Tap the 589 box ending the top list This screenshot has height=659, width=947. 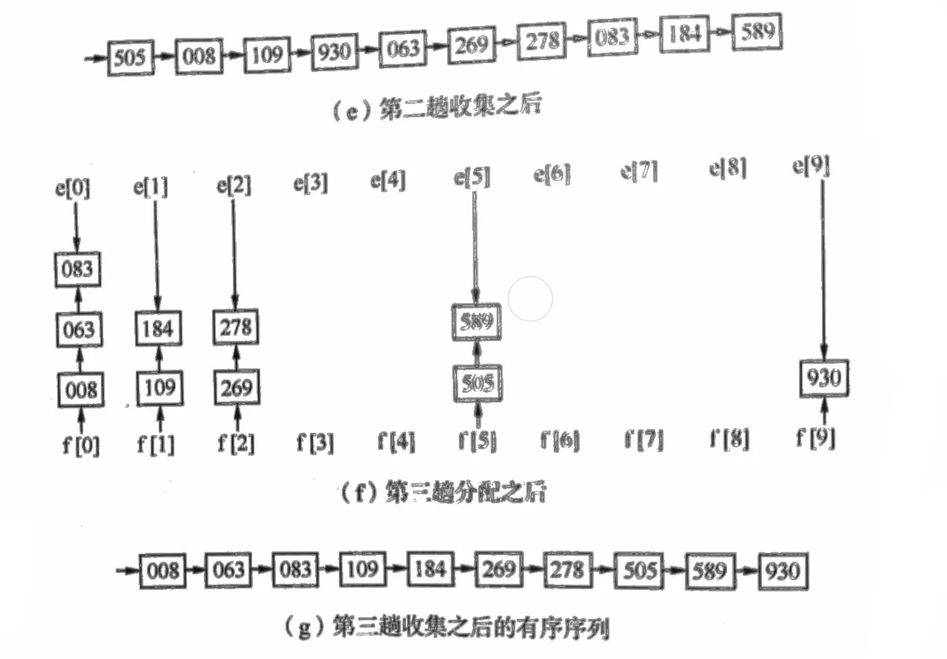pyautogui.click(x=757, y=33)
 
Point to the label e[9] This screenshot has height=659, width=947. pyautogui.click(x=811, y=167)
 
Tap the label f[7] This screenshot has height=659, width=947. pyautogui.click(x=643, y=441)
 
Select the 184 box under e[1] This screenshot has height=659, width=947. pyautogui.click(x=158, y=328)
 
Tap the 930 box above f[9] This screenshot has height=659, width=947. pyautogui.click(x=824, y=379)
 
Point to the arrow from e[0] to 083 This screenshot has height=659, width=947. pyautogui.click(x=75, y=226)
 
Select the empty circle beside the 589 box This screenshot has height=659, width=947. pyautogui.click(x=531, y=299)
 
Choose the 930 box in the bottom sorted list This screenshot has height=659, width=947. pyautogui.click(x=782, y=572)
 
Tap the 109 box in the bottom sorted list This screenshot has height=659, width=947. pyautogui.click(x=363, y=570)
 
